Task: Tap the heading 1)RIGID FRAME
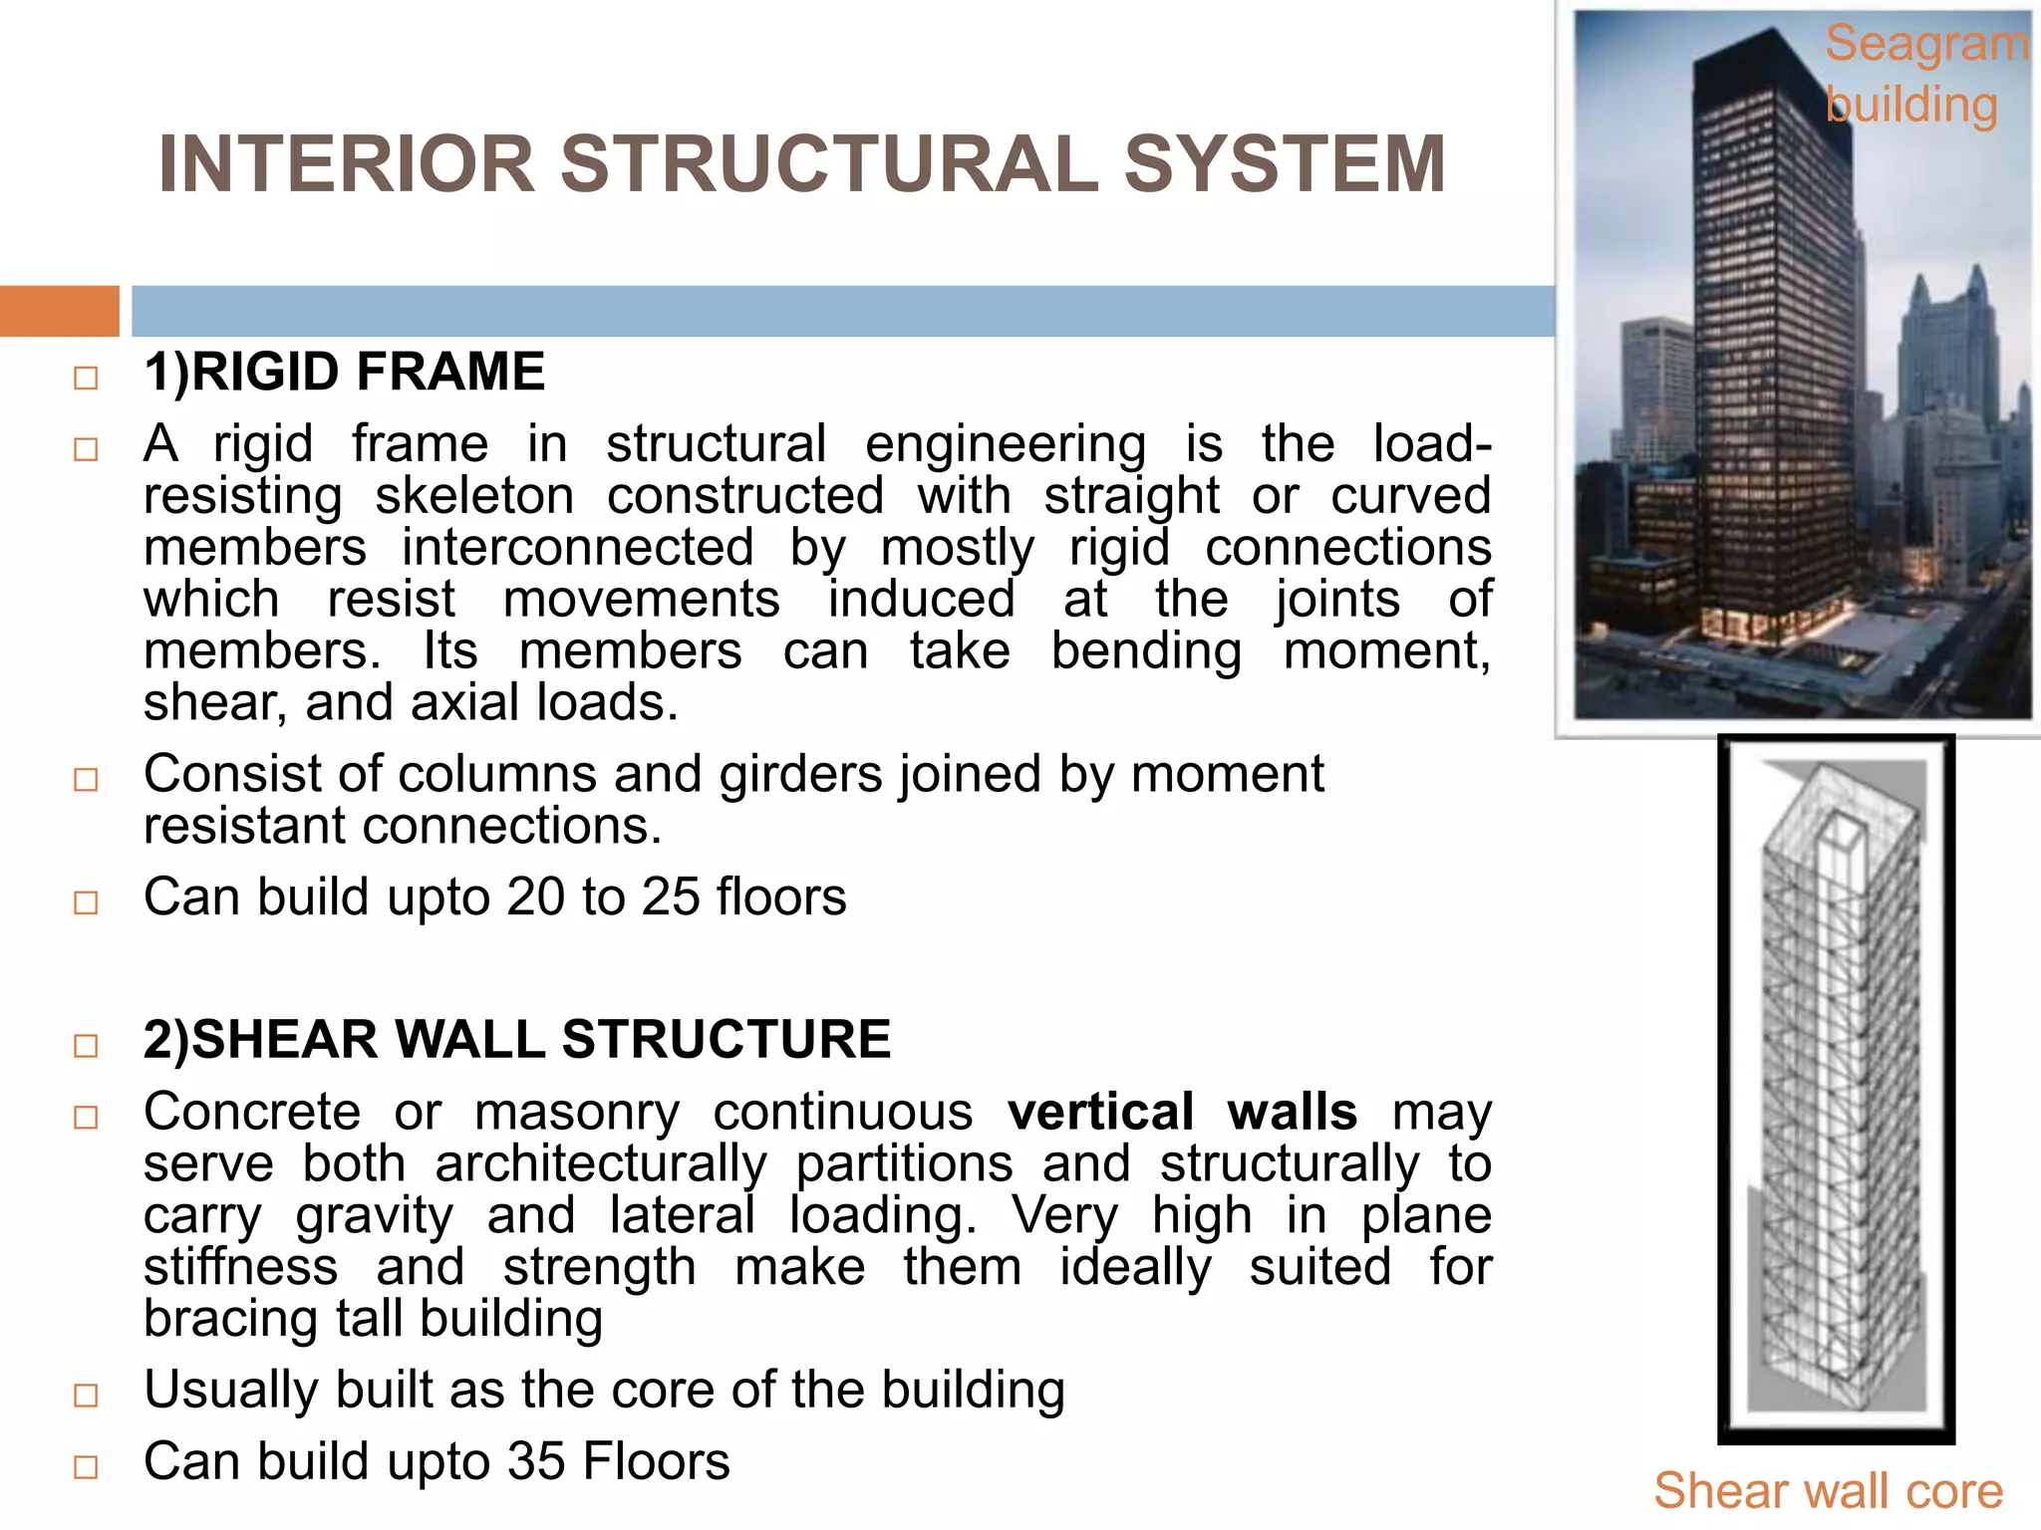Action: (344, 373)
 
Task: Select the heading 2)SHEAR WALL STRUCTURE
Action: (516, 1040)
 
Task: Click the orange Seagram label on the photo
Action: (1925, 45)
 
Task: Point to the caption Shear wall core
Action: (1828, 1491)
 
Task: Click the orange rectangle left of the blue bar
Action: (59, 311)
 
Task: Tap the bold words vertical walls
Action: (1182, 1112)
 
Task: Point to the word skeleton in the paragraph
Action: (474, 496)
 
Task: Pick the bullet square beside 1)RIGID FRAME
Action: (86, 379)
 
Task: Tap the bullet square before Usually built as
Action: (86, 1396)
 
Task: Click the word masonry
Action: (576, 1112)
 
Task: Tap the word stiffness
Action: (240, 1267)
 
